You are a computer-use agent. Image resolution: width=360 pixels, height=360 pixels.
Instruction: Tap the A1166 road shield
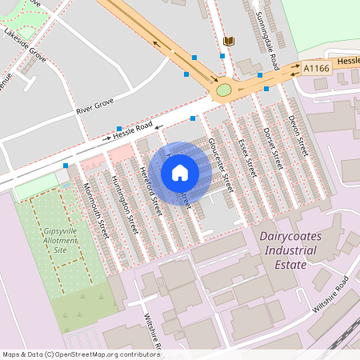pyautogui.click(x=317, y=70)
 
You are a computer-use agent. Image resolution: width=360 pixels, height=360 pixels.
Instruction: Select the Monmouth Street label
pyautogui.click(x=95, y=211)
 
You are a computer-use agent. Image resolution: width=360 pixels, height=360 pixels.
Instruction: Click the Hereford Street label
pyautogui.click(x=151, y=191)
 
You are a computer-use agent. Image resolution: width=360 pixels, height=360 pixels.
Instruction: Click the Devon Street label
pyautogui.click(x=298, y=134)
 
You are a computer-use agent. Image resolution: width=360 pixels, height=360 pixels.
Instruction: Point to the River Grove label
pyautogui.click(x=96, y=104)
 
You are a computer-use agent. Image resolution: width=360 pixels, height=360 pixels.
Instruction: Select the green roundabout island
pyautogui.click(x=224, y=90)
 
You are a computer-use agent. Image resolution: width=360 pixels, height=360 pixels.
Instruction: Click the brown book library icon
pyautogui.click(x=229, y=41)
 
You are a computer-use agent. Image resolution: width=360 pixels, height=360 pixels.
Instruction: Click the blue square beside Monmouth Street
pyautogui.click(x=66, y=166)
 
